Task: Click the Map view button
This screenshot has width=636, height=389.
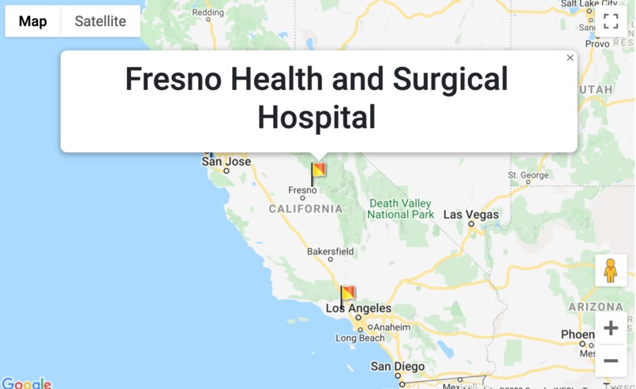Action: tap(33, 21)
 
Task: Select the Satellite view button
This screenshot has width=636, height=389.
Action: tap(100, 21)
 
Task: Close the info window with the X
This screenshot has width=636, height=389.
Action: tap(570, 58)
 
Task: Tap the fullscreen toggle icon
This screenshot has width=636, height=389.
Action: tap(611, 21)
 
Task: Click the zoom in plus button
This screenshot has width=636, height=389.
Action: tap(611, 328)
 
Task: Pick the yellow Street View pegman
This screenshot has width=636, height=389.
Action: tap(611, 270)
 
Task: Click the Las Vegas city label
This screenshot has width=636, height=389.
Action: tap(471, 215)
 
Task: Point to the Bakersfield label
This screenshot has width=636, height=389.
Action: tap(331, 252)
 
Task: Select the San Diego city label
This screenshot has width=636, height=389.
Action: tap(398, 367)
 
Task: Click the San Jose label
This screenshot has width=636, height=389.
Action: tap(226, 162)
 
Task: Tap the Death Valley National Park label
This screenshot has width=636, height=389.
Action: tap(401, 209)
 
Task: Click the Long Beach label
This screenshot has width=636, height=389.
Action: tap(360, 339)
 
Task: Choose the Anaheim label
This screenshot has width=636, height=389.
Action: tap(392, 327)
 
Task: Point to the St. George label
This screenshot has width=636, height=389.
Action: tap(528, 175)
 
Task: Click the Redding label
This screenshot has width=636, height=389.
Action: tap(208, 13)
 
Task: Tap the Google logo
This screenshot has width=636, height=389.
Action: tap(27, 383)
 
